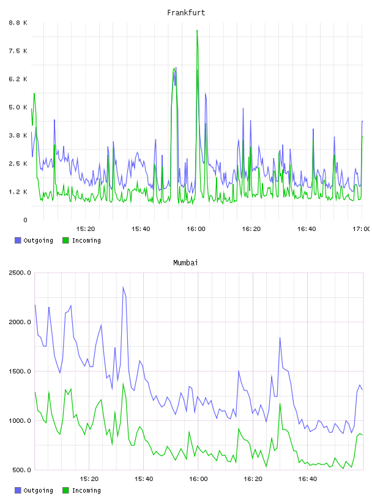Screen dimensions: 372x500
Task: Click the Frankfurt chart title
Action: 186,13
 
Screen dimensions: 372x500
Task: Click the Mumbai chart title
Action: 185,263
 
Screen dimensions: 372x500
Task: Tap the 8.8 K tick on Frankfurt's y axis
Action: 18,23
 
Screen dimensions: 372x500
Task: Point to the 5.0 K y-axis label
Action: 18,107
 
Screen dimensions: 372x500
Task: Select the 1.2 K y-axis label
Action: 18,192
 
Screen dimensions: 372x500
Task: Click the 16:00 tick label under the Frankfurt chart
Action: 196,229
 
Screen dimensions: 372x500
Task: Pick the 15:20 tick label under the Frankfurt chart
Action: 86,229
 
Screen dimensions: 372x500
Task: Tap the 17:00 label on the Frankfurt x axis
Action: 362,229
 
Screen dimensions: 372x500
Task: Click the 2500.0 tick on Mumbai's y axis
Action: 20,273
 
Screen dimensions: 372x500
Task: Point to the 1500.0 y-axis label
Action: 20,371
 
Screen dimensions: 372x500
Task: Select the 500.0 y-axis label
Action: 21,470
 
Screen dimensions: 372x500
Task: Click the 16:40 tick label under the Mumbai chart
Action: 307,479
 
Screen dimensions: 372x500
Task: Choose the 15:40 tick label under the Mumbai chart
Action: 144,479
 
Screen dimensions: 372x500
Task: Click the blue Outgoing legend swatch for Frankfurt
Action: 18,240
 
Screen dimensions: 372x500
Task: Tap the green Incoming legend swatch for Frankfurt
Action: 65,240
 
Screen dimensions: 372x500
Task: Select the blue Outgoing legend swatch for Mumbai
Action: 18,490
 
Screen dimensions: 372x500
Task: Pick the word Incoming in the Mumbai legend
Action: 86,491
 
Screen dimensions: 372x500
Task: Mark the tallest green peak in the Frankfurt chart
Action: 197,31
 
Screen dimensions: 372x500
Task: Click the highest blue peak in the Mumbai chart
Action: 123,287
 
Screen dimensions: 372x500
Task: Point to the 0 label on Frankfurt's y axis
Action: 25,220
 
